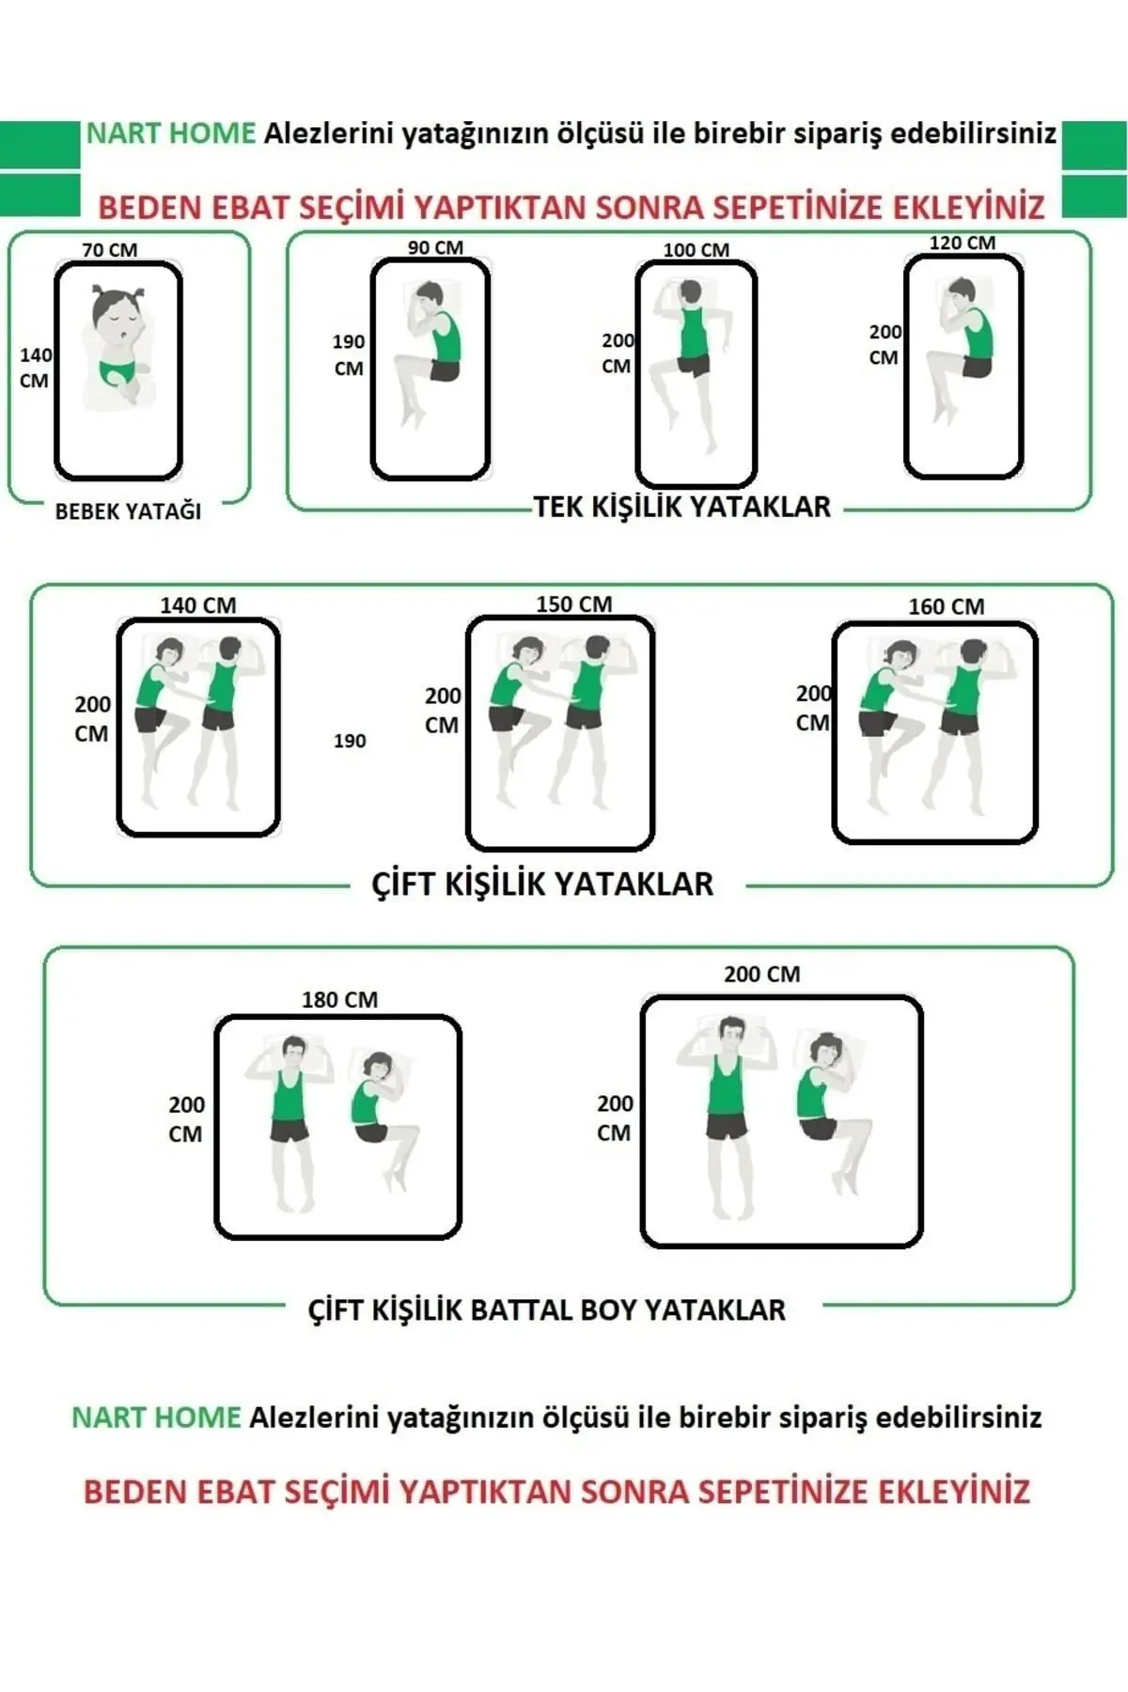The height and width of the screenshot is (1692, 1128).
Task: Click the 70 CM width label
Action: click(x=109, y=250)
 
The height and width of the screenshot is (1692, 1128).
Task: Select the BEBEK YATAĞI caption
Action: click(x=128, y=511)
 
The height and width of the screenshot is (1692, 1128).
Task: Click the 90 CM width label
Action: click(x=435, y=248)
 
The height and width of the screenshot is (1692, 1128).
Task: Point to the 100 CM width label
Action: click(x=696, y=250)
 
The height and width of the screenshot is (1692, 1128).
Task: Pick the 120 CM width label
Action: click(x=962, y=243)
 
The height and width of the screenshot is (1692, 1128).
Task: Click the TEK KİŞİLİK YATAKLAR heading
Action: click(x=682, y=508)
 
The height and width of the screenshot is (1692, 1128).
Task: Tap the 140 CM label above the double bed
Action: click(x=197, y=605)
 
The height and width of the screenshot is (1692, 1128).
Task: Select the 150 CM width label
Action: click(x=573, y=604)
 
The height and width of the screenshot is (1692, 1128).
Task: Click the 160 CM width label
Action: click(x=946, y=607)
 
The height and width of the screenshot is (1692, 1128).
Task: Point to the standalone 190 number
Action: click(x=350, y=741)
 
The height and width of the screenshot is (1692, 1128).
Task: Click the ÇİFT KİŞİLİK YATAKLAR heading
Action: click(x=542, y=884)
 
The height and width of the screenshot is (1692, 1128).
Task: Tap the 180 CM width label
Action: click(x=339, y=1000)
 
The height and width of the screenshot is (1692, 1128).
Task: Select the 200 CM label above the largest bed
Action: click(x=761, y=975)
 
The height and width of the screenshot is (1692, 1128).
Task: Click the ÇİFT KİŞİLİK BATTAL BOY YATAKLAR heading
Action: click(x=546, y=1310)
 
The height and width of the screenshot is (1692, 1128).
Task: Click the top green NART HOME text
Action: click(x=171, y=133)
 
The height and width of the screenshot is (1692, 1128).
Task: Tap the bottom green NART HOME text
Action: click(x=156, y=1418)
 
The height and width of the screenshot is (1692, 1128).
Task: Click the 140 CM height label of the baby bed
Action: click(x=36, y=368)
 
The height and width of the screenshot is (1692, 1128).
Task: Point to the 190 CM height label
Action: click(x=349, y=355)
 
